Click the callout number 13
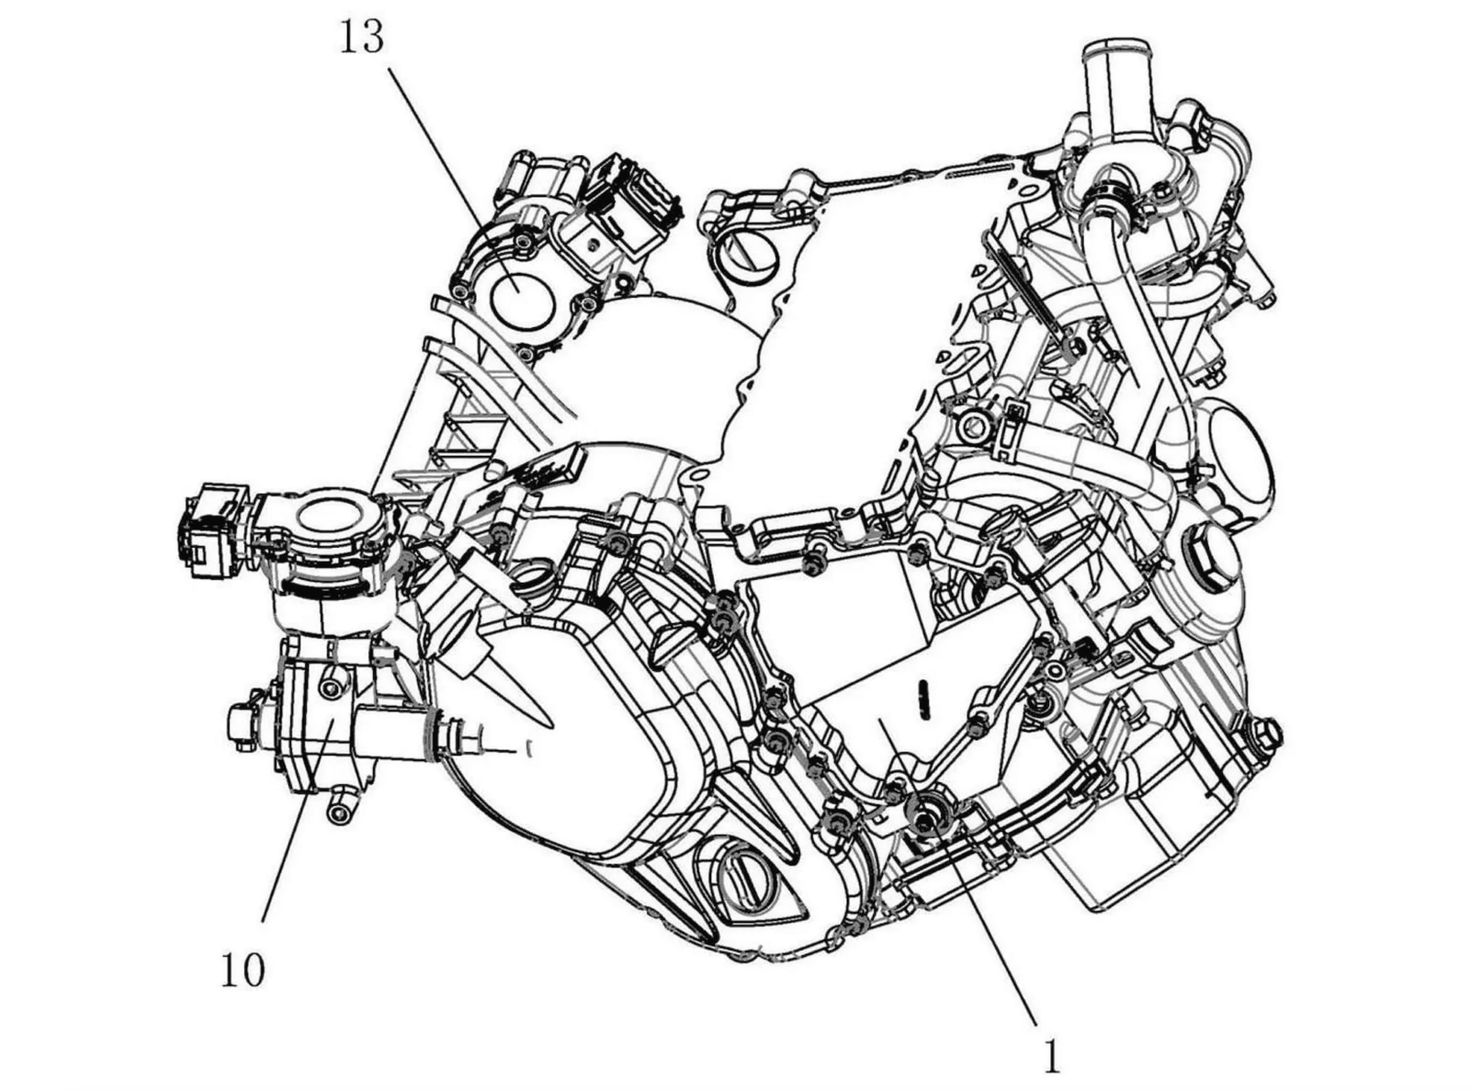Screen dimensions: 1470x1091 pos(362,38)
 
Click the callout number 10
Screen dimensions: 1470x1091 pos(243,971)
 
